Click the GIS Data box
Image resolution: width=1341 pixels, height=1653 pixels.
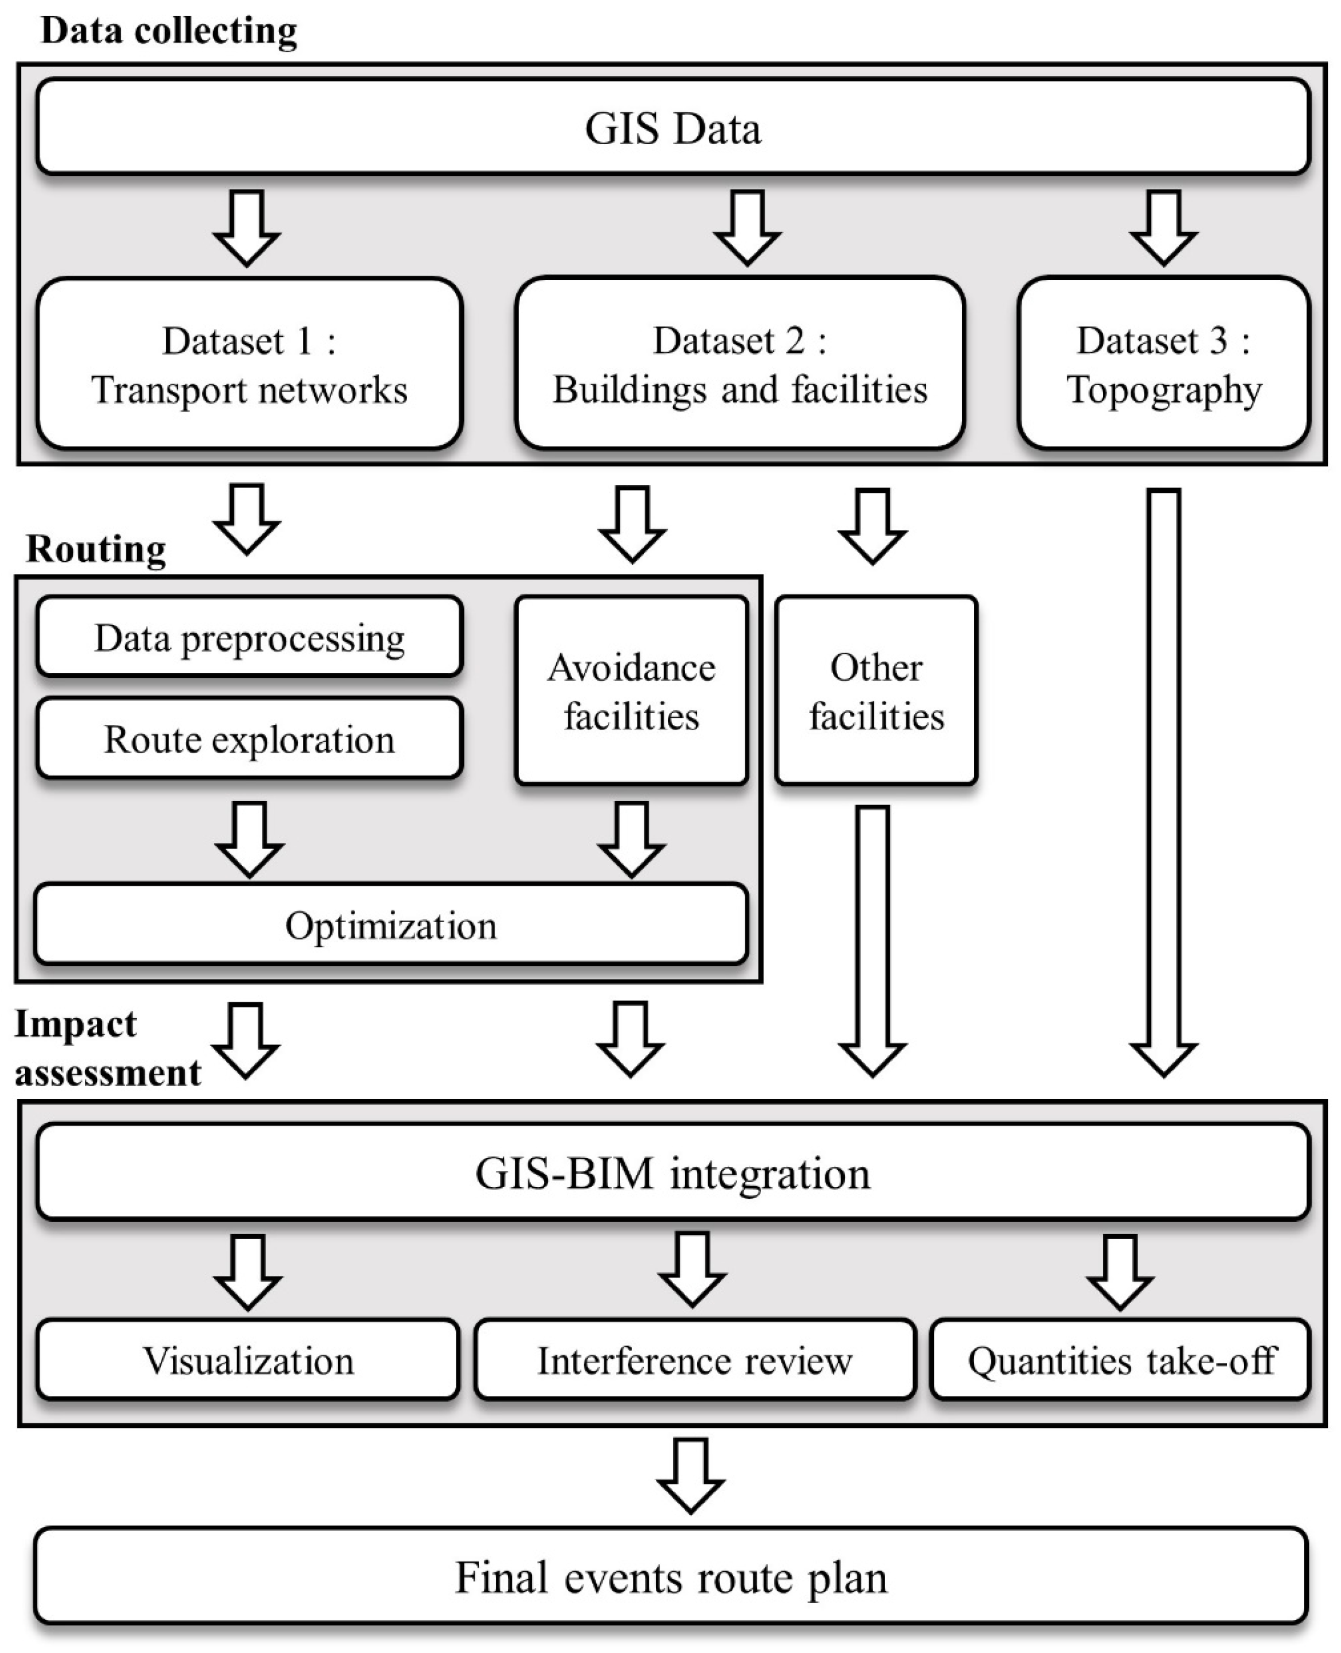click(x=672, y=127)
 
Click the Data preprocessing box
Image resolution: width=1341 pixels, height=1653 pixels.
click(x=249, y=638)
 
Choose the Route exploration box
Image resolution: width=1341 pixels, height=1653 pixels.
click(x=249, y=738)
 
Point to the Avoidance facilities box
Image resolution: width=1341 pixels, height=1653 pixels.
click(x=631, y=690)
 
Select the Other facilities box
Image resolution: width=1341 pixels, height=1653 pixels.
click(x=876, y=690)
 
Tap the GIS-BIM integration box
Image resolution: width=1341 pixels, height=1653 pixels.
click(x=672, y=1172)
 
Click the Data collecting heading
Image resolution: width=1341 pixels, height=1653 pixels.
click(x=169, y=31)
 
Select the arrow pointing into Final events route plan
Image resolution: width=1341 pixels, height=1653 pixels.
click(x=690, y=1475)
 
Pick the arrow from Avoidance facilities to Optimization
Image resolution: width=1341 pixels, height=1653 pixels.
click(x=631, y=838)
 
